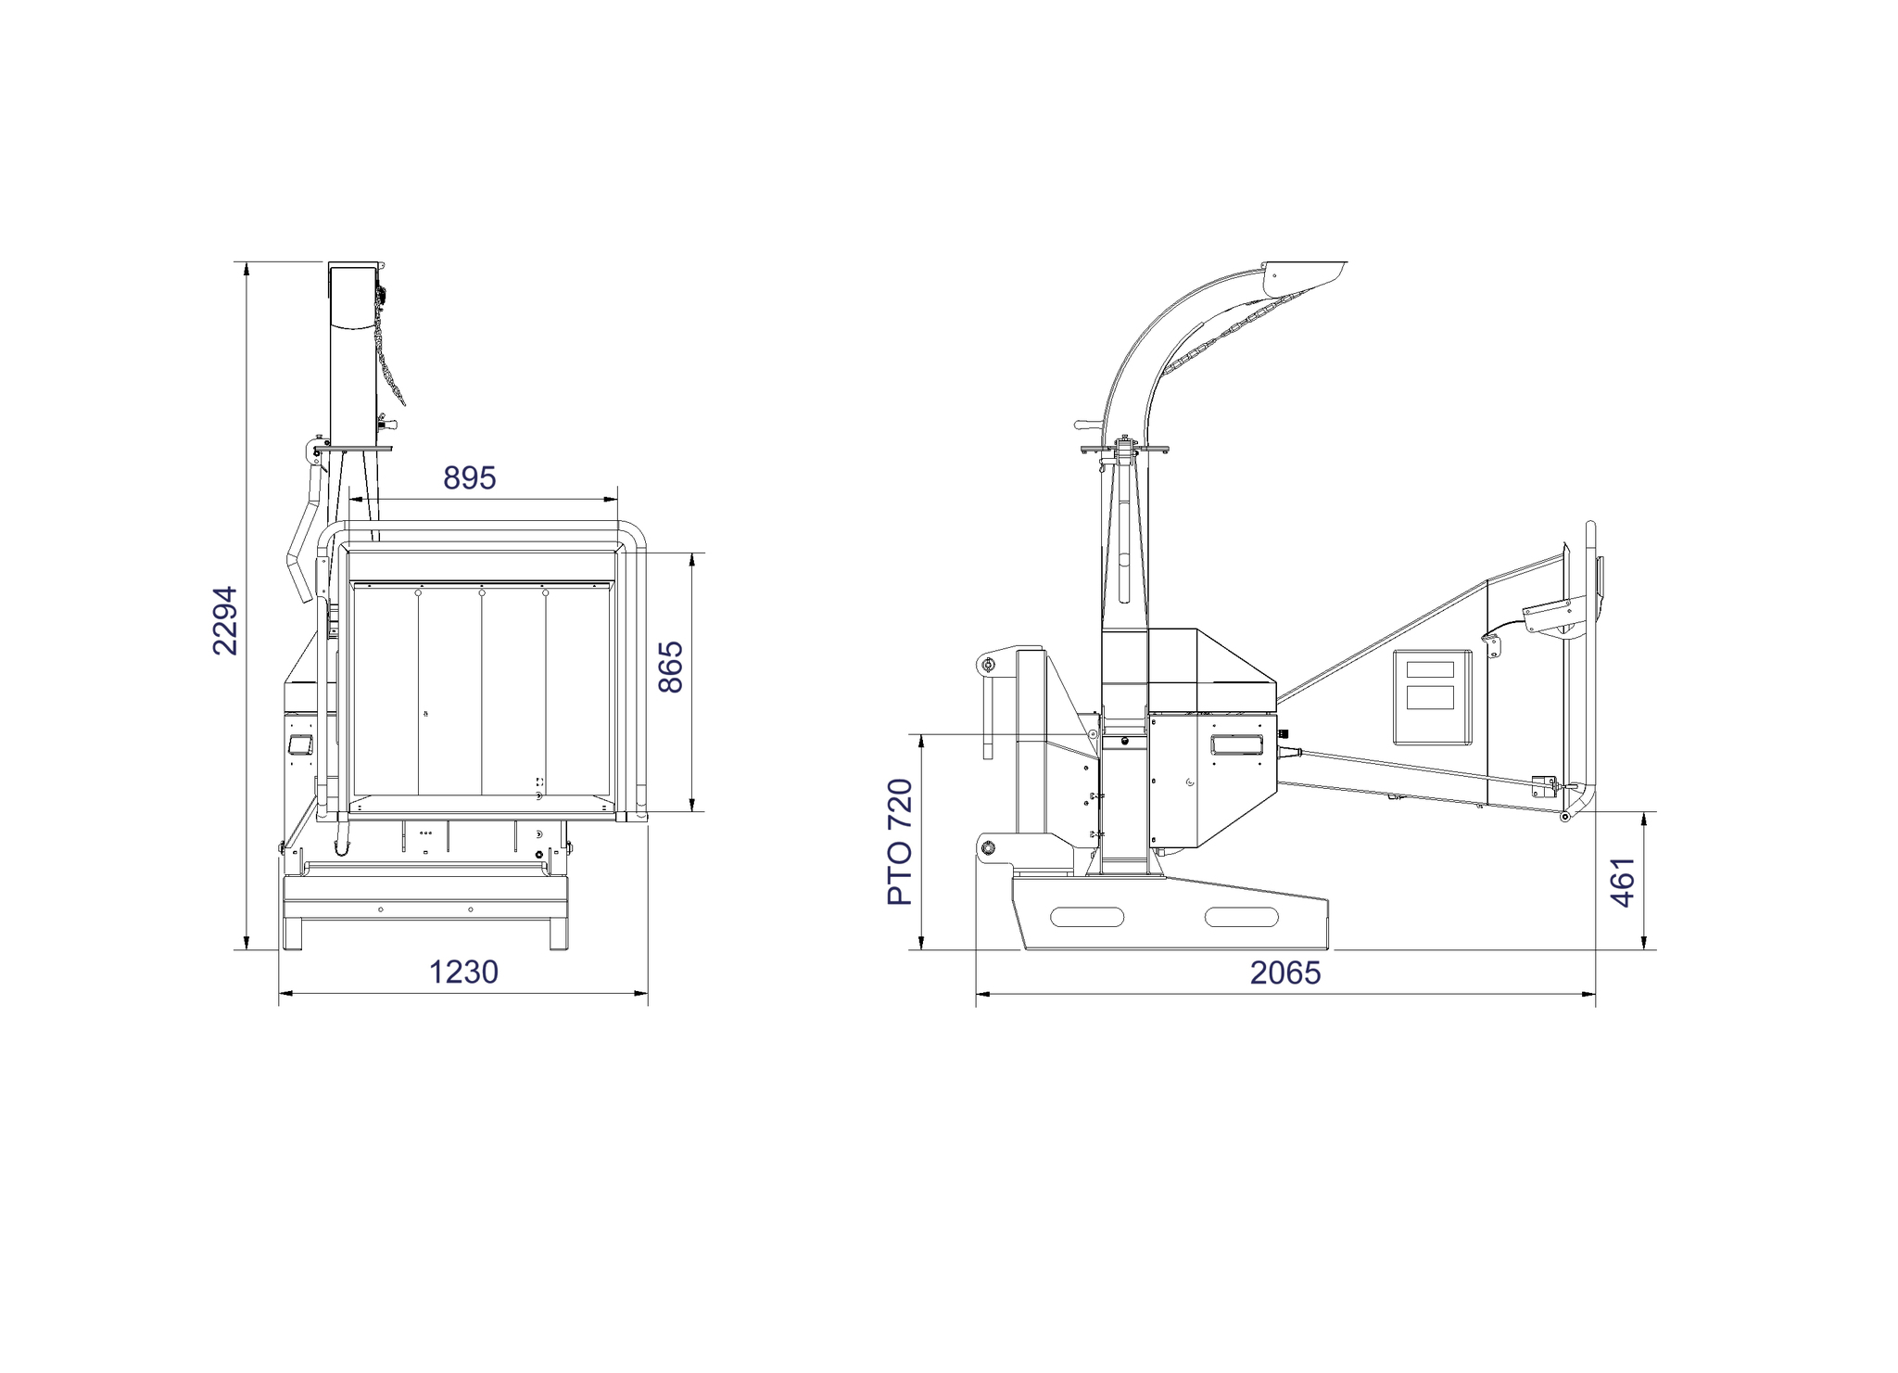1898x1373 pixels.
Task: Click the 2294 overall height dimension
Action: tap(225, 620)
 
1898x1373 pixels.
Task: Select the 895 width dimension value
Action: tap(469, 477)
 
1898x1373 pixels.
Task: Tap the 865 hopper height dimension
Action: tap(670, 667)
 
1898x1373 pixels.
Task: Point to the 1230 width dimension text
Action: tap(463, 972)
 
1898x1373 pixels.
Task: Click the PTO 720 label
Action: tap(900, 842)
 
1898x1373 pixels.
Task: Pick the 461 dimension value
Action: tap(1623, 882)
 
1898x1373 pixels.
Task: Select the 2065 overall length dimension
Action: tap(1285, 972)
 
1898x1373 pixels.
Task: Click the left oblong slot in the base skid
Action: tap(1087, 917)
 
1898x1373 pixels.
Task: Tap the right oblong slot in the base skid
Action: tap(1241, 917)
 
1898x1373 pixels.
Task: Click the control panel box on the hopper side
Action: tap(1432, 697)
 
